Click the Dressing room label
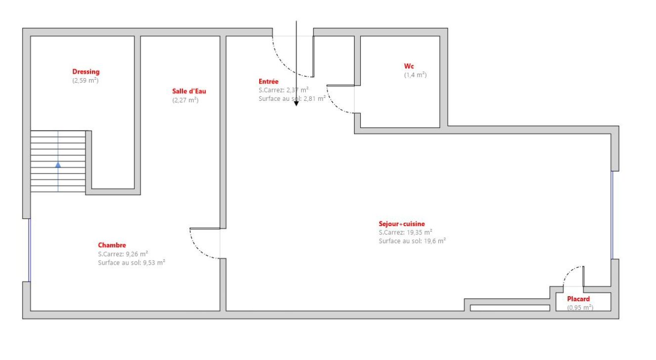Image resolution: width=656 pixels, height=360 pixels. pos(86,72)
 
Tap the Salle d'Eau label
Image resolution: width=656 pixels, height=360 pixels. pos(189,91)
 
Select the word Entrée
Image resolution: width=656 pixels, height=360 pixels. pos(269,82)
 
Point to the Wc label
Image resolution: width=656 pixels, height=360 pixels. pos(409,66)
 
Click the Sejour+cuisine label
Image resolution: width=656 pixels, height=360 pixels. pos(402,224)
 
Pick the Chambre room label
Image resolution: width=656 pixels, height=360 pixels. pos(112,245)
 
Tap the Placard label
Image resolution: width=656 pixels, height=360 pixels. pos(578,299)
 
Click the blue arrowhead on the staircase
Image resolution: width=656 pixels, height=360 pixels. pos(58,165)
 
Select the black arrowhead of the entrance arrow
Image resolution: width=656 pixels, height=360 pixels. pos(296,103)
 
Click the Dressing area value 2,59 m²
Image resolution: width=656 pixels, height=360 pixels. pos(86,81)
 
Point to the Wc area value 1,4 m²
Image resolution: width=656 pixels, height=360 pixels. pos(415,75)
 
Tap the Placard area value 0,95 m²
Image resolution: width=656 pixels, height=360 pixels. pos(580,308)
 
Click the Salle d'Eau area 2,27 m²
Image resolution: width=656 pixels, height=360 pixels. pos(186,100)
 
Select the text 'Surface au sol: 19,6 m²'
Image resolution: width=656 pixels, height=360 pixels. pos(412,241)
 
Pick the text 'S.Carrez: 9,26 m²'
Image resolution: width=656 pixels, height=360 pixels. pos(123,254)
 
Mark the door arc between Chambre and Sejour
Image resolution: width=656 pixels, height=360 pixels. pos(198,250)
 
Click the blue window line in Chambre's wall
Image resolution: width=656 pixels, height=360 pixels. pos(29,250)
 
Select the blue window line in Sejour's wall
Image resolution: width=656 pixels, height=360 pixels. pos(612,215)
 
